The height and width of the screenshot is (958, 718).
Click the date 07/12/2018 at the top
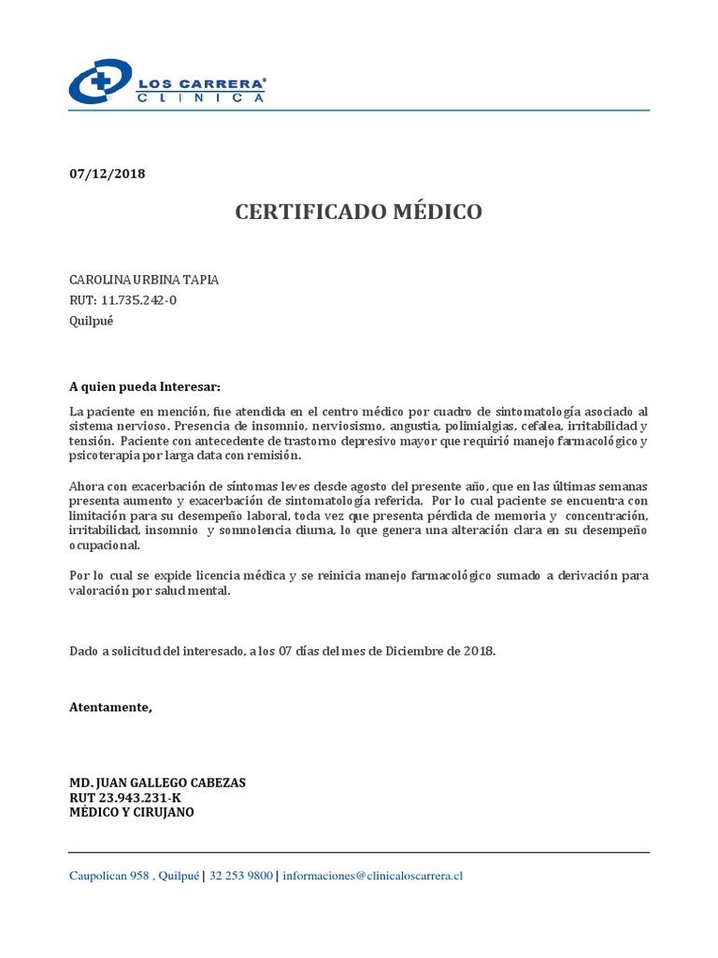pyautogui.click(x=108, y=174)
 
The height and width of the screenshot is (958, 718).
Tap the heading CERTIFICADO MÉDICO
pyautogui.click(x=359, y=212)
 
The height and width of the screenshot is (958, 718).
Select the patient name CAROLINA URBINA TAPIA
pyautogui.click(x=145, y=280)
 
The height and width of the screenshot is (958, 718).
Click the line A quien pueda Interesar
pyautogui.click(x=146, y=386)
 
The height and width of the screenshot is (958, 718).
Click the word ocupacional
pyautogui.click(x=105, y=545)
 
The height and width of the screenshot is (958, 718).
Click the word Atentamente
pyautogui.click(x=110, y=706)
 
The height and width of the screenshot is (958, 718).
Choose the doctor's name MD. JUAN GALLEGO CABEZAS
pyautogui.click(x=158, y=782)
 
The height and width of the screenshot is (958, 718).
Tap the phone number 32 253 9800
pyautogui.click(x=241, y=877)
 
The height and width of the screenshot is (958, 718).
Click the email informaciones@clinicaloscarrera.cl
pyautogui.click(x=373, y=877)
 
